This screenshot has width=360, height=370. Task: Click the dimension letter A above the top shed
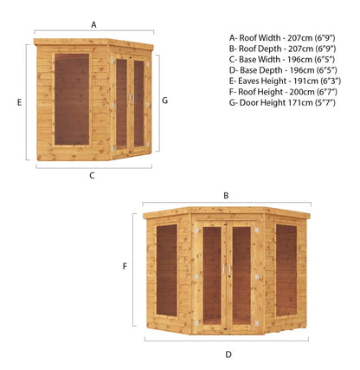pos(93,25)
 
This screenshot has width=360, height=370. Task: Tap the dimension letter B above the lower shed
pos(226,196)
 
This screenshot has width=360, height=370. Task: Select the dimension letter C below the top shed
pos(92,176)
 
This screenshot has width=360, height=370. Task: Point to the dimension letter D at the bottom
pos(228,354)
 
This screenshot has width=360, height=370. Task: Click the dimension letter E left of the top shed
pos(19,101)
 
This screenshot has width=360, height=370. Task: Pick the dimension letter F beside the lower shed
pos(125,267)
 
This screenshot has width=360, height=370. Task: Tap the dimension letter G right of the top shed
pos(164,101)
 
